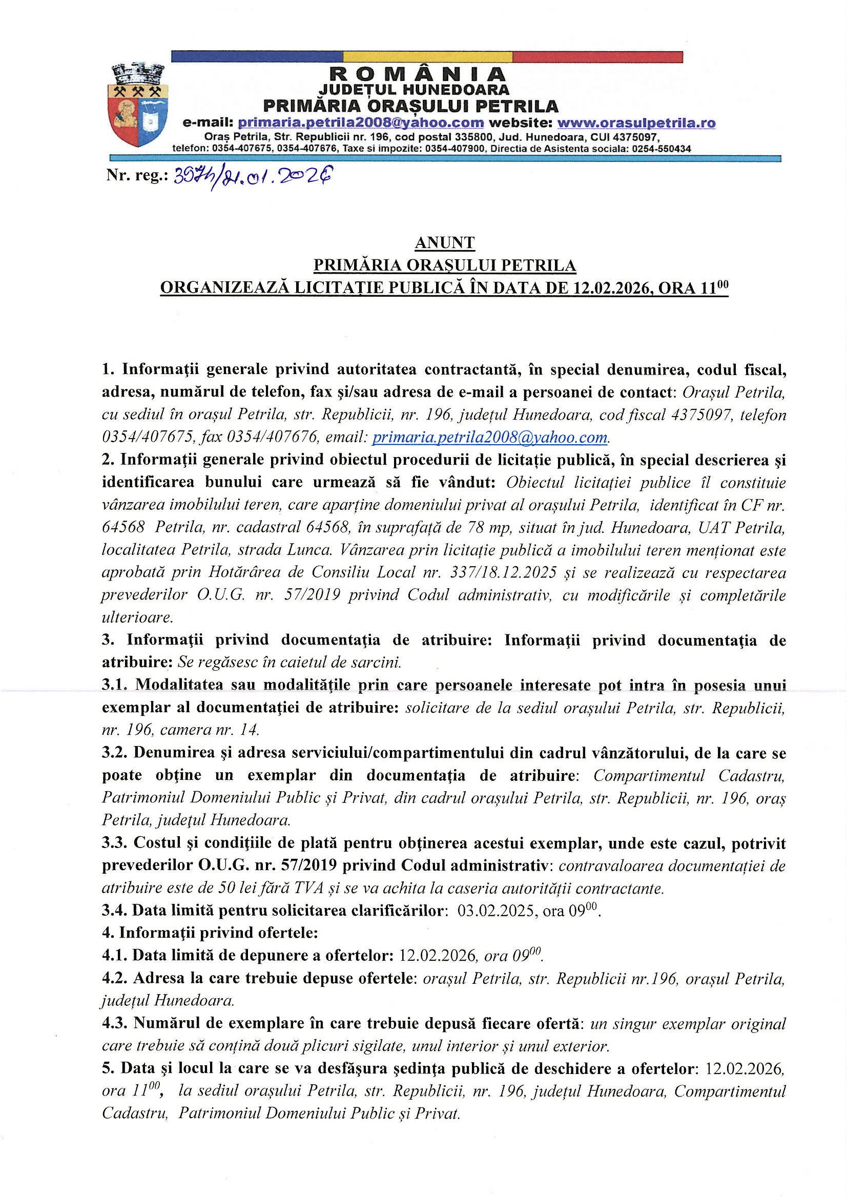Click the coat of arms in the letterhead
tap(136, 105)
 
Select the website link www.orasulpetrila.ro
tap(636, 123)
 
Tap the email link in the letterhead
tap(361, 123)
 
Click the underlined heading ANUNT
tap(445, 243)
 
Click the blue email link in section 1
tap(490, 437)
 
